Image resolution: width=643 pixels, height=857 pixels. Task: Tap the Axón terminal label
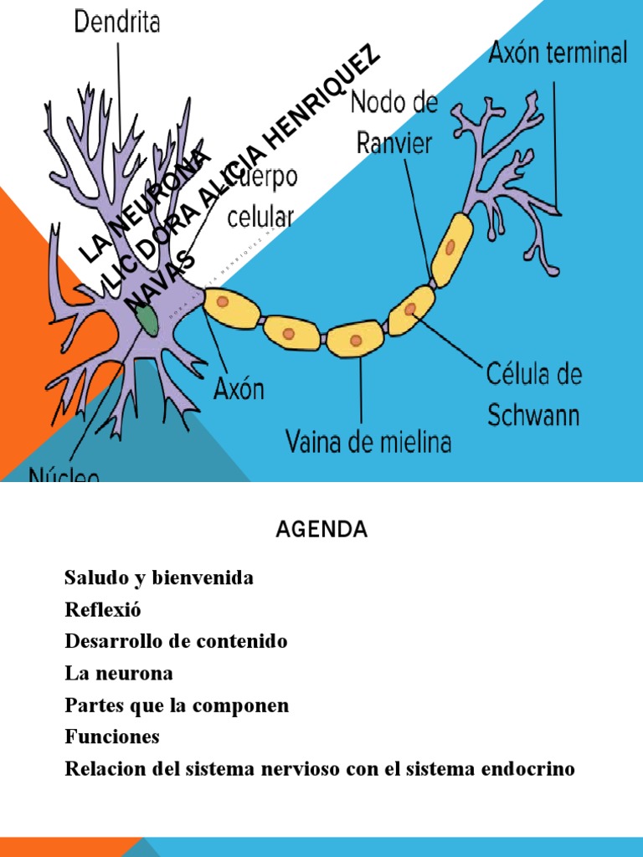click(558, 54)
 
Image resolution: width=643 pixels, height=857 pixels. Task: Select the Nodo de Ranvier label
click(394, 124)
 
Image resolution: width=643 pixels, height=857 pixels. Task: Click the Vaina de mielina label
click(368, 441)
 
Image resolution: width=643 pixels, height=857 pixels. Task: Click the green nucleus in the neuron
click(149, 318)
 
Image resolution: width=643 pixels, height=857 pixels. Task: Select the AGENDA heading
click(321, 530)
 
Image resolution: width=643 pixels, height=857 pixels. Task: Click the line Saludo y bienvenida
click(159, 578)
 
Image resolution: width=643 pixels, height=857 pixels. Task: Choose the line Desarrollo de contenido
click(176, 642)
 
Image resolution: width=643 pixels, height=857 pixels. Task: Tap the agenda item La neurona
click(118, 673)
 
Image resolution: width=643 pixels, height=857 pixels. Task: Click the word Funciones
click(111, 737)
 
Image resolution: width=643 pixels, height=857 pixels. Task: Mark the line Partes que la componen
click(177, 706)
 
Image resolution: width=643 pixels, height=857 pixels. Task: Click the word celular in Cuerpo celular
click(260, 218)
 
